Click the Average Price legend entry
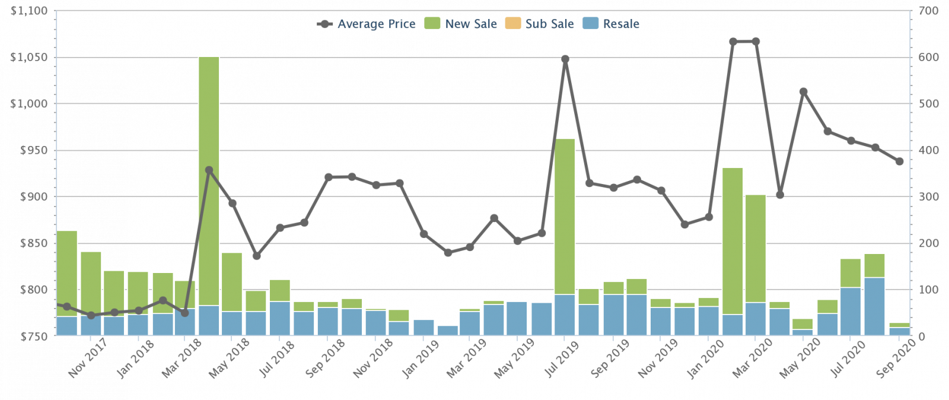(375, 24)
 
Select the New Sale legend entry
(470, 24)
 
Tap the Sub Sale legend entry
(549, 24)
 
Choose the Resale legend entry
(620, 24)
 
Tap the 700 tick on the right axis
(928, 11)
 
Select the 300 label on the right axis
(928, 197)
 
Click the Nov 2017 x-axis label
(87, 358)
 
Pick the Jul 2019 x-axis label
(562, 358)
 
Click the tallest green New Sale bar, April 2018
(209, 178)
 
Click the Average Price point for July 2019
(565, 59)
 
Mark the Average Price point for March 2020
(756, 42)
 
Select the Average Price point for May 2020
(804, 92)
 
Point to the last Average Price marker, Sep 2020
(899, 161)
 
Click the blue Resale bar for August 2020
(874, 307)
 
